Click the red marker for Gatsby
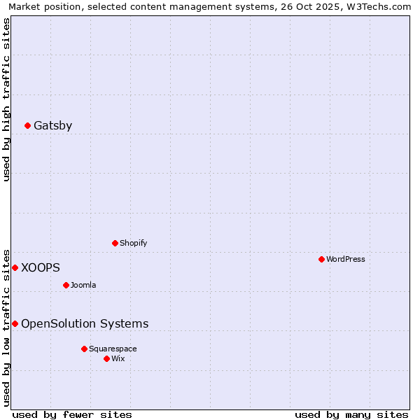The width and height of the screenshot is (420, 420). tap(28, 126)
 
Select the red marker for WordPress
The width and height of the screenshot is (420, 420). tap(321, 259)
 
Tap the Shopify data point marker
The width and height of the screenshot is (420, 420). tap(115, 243)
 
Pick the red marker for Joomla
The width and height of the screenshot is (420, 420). tap(66, 285)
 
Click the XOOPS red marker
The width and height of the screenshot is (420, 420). tap(15, 267)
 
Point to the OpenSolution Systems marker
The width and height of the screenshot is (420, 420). tap(15, 323)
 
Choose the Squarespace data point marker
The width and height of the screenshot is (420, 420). tap(84, 349)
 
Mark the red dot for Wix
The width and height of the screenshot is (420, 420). tap(106, 358)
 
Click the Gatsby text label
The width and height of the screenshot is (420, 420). tap(53, 126)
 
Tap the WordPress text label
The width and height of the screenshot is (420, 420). tap(346, 259)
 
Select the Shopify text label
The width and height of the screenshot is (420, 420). tap(134, 243)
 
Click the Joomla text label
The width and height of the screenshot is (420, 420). tap(83, 285)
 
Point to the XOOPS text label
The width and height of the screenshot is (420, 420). tap(41, 267)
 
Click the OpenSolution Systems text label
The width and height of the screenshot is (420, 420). tap(85, 323)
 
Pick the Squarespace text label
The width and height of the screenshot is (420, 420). tap(113, 349)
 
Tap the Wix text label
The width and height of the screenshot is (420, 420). tap(118, 358)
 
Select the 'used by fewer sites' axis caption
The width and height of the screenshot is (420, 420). tap(72, 414)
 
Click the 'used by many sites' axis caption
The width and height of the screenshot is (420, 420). tap(351, 414)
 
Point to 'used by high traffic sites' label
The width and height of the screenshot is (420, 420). tap(7, 99)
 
